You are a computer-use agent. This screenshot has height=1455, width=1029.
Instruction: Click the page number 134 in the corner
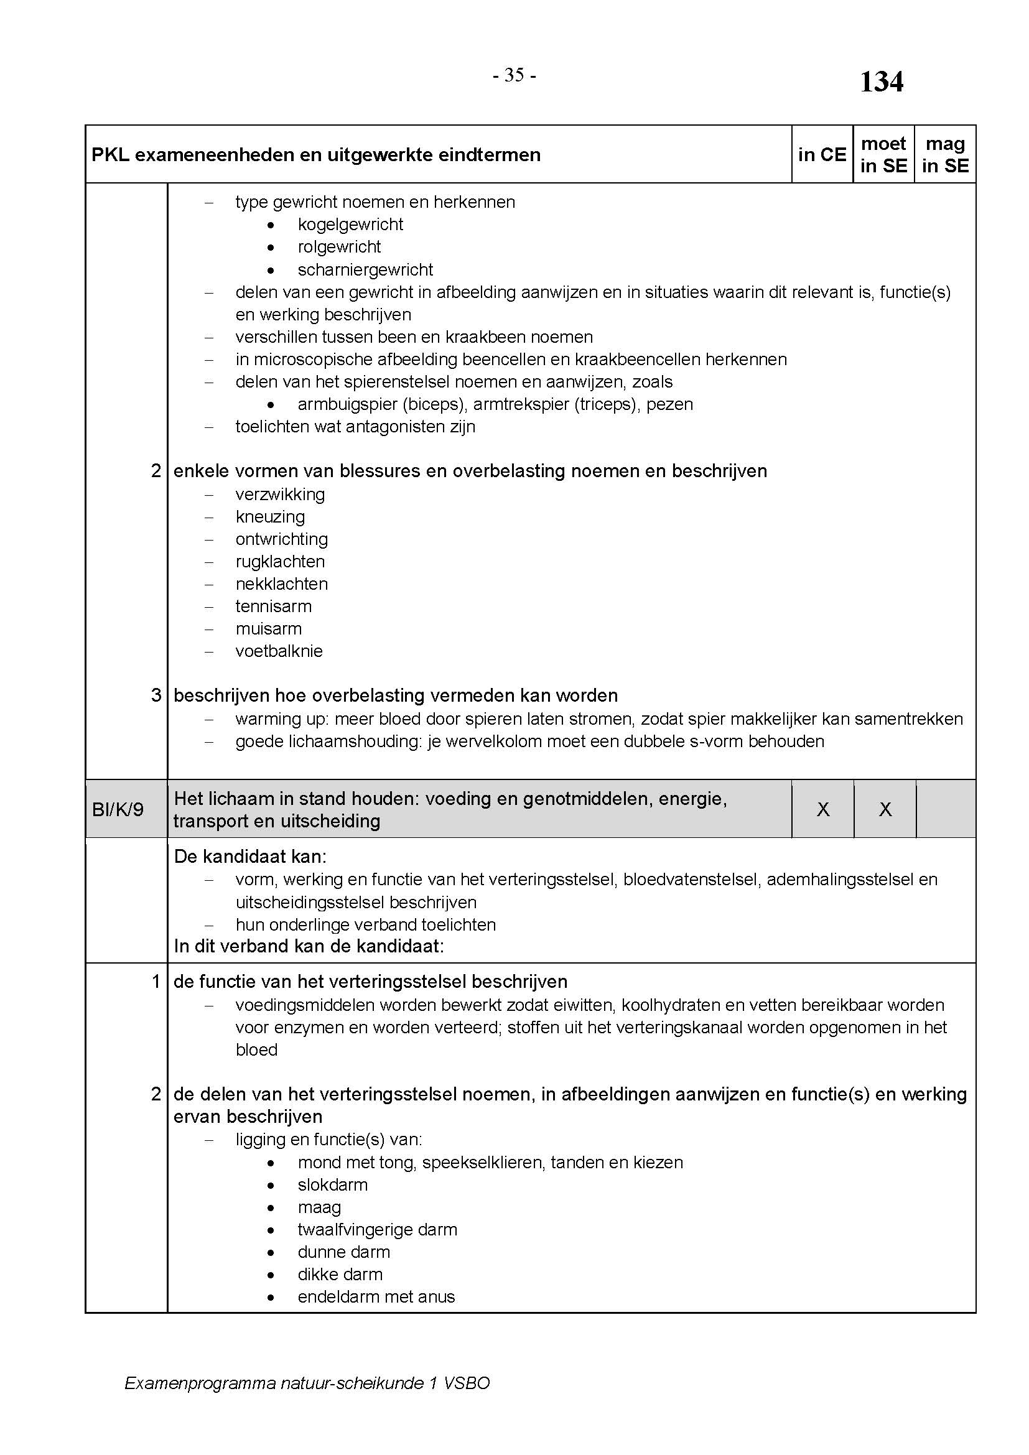coord(881,81)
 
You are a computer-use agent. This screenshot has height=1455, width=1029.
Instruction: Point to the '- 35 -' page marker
coord(514,75)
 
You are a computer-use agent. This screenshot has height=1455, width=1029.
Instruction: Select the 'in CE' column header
coord(822,155)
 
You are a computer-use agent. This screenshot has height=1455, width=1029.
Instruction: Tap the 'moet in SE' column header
coord(883,155)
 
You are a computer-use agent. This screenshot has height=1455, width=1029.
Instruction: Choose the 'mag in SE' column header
coord(945,155)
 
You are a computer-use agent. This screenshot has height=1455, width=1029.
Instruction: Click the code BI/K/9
coord(118,809)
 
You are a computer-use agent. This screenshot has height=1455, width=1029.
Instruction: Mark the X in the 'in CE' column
coord(823,809)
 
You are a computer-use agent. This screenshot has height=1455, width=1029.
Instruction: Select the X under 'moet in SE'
coord(885,809)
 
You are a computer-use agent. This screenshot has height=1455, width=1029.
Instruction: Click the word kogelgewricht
coord(350,225)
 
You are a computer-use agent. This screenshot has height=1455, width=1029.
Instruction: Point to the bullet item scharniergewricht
coord(365,270)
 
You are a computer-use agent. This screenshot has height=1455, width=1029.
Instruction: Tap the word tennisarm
coord(274,607)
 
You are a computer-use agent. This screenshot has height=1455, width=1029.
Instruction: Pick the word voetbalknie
coord(279,651)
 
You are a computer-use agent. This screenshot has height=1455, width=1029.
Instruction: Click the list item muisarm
coord(269,629)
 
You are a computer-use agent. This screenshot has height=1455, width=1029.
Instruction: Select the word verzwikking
coord(280,495)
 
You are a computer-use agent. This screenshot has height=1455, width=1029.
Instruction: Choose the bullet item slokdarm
coord(333,1185)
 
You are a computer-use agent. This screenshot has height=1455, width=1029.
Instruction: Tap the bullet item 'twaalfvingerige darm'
coord(377,1230)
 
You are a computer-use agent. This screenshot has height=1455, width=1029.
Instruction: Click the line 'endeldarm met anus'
coord(376,1297)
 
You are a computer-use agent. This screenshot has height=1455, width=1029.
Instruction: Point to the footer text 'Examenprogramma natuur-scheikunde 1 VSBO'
coord(307,1383)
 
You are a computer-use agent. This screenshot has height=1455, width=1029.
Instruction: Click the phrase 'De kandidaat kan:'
coord(250,857)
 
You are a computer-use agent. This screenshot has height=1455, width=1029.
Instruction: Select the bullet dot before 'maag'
coord(271,1209)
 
